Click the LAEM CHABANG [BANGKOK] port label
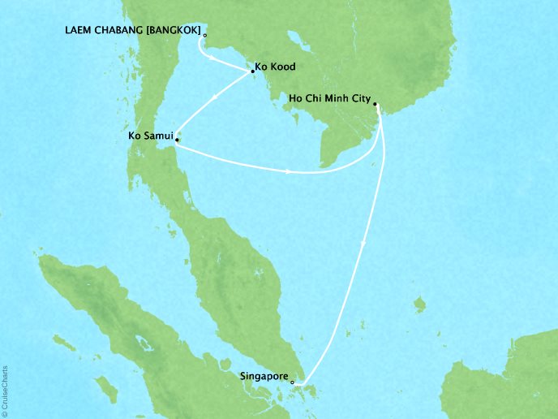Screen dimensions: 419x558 131,32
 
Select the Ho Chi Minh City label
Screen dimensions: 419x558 330,100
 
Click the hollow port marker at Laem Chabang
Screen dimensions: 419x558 204,35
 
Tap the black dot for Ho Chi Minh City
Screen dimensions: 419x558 376,104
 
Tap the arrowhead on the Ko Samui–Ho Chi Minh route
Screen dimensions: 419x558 290,171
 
